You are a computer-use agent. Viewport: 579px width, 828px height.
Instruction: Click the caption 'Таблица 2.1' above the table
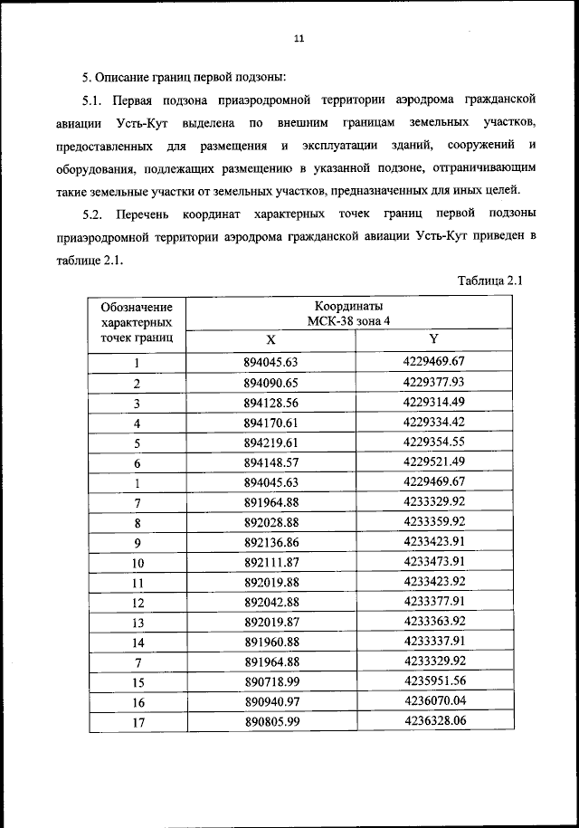pos(489,280)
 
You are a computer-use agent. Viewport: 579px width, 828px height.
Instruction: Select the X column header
pos(271,340)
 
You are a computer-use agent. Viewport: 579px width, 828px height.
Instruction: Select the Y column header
pos(433,339)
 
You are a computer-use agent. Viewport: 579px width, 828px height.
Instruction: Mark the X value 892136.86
pos(271,543)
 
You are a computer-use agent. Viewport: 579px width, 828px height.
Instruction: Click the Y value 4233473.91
pos(433,562)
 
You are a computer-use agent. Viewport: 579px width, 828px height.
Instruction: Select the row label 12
pos(138,603)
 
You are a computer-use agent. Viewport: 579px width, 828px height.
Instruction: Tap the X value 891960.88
pos(271,642)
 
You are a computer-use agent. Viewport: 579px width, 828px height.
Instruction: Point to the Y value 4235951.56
pos(433,681)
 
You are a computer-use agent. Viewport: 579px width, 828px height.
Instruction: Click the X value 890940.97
pos(271,701)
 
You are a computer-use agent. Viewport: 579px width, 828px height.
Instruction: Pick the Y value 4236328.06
pos(433,721)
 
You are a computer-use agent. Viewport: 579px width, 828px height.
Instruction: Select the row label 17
pos(138,722)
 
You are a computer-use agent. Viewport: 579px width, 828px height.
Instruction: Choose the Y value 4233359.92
pos(433,522)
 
